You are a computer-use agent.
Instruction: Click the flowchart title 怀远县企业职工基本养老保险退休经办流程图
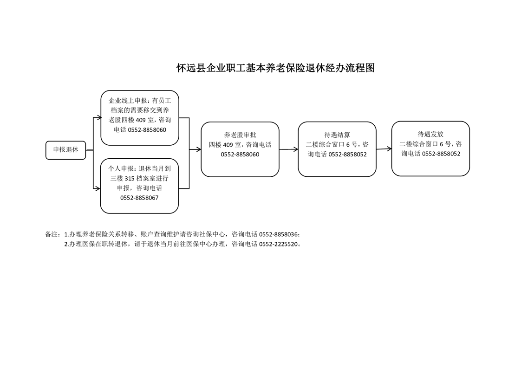[x=275, y=68]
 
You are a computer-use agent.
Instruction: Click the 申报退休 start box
[x=66, y=150]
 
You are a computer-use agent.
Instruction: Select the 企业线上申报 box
[x=140, y=118]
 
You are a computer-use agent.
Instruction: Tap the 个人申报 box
[x=140, y=186]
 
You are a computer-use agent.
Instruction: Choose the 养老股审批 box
[x=240, y=149]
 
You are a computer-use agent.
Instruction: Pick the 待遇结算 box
[x=337, y=149]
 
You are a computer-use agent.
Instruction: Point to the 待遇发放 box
[x=430, y=148]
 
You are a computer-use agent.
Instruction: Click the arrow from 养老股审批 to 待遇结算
[x=289, y=149]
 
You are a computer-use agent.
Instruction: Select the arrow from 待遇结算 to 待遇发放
[x=384, y=149]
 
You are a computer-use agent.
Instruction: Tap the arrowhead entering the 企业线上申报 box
[x=99, y=117]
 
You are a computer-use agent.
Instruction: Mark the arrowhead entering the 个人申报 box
[x=98, y=189]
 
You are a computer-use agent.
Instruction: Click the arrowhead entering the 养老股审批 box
[x=199, y=149]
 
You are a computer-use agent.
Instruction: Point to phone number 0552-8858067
[x=140, y=198]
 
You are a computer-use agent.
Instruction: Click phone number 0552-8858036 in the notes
[x=279, y=234]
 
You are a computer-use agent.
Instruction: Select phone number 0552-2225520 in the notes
[x=279, y=244]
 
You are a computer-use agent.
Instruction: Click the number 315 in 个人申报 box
[x=130, y=178]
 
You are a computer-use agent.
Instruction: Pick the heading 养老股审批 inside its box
[x=240, y=135]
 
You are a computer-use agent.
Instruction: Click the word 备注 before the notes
[x=51, y=234]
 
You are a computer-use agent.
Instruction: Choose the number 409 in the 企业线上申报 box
[x=141, y=120]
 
